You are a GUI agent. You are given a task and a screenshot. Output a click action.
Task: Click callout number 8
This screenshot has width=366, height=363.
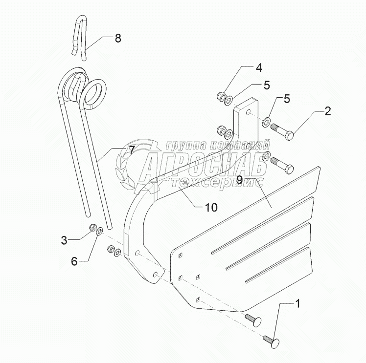pos(118,39)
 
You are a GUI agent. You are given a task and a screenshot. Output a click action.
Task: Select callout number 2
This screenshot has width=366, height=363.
pos(327,111)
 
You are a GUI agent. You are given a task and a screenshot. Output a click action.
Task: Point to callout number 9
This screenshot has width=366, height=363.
pos(239,179)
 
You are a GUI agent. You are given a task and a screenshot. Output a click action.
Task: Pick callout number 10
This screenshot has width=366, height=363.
pos(211,207)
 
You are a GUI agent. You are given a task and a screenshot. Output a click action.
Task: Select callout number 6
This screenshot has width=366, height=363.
pos(74,261)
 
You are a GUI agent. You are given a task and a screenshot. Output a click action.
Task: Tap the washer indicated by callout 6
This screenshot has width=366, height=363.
pos(99,231)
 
